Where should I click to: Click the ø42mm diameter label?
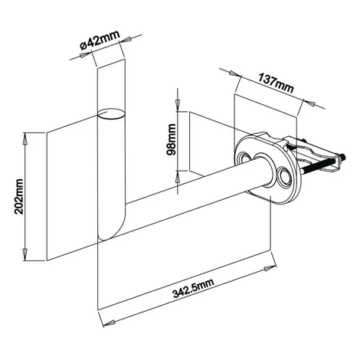pos(100,41)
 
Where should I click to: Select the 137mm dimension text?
pos(277,83)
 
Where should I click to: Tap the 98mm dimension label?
pos(171,139)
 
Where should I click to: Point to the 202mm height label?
pos(19,196)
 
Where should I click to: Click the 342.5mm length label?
pos(193,289)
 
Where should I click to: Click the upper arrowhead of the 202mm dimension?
pos(25,139)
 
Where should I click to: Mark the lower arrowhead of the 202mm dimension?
pos(25,254)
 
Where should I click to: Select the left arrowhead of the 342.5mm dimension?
pos(110,323)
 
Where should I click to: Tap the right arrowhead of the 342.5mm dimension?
pos(270,268)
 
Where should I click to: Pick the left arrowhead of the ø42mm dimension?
pos(85,54)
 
